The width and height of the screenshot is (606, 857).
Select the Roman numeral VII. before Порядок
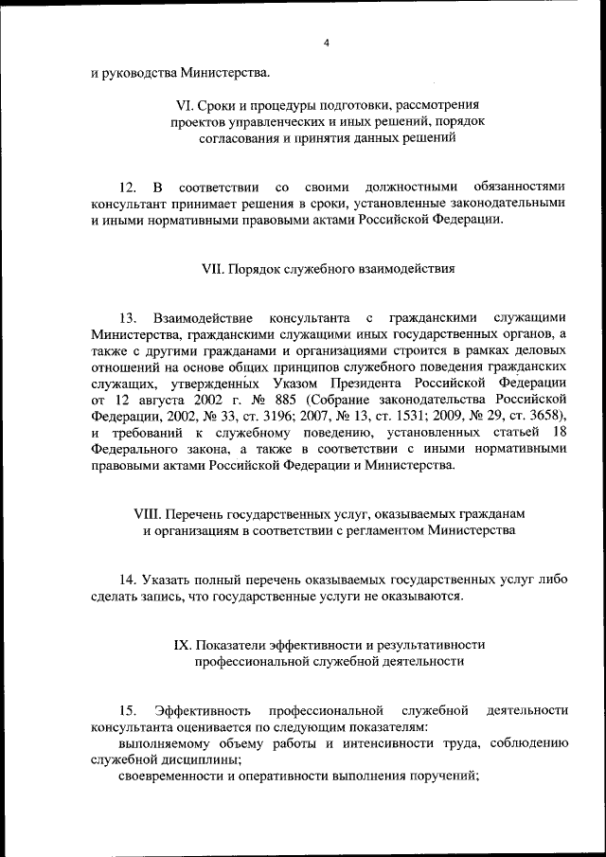[214, 268]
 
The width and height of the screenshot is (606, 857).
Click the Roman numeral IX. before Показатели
[184, 644]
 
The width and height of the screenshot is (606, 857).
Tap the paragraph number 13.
[129, 316]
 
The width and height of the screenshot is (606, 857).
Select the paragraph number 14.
[128, 578]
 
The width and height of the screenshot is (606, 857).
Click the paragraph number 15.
[128, 709]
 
